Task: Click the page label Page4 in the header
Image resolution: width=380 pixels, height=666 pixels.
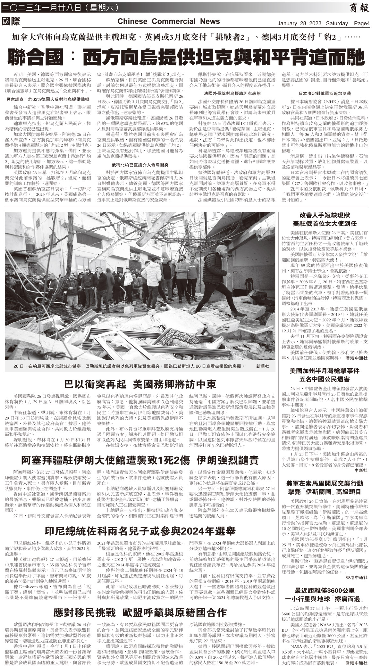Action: pos(362,23)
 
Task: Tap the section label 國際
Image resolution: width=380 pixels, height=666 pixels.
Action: pos(11,21)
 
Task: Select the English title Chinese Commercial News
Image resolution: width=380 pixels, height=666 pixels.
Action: pos(169,21)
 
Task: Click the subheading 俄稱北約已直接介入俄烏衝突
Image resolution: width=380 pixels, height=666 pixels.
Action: pos(140,165)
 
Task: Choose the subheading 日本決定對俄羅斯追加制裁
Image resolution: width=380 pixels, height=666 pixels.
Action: pos(325,94)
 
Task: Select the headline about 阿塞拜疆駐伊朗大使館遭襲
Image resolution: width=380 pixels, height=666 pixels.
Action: pos(140,460)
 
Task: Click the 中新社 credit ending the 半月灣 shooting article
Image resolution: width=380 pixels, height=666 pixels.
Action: pos(361,470)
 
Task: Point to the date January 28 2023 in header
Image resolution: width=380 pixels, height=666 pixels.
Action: pos(312,23)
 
